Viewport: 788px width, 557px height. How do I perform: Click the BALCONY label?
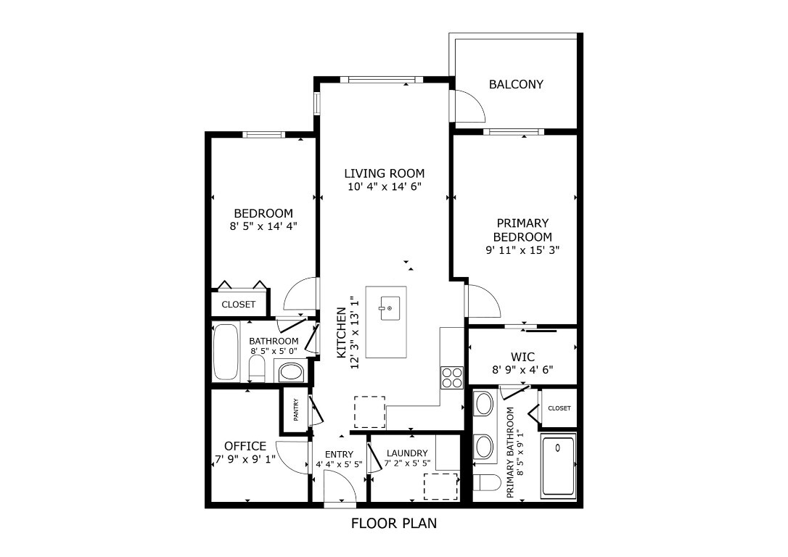point(516,84)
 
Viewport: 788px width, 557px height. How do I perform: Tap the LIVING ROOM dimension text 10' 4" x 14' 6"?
point(384,187)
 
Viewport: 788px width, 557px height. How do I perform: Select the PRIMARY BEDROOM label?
point(522,230)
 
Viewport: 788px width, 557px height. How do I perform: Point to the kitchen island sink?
point(385,308)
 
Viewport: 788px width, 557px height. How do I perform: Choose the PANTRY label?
point(296,410)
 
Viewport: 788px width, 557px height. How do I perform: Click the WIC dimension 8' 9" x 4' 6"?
point(522,369)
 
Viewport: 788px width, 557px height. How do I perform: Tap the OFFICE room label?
point(245,446)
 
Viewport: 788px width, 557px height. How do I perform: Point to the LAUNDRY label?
point(407,453)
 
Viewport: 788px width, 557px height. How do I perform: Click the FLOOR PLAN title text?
point(394,523)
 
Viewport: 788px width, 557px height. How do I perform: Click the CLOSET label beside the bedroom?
point(239,305)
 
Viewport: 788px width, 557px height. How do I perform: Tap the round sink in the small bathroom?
point(292,374)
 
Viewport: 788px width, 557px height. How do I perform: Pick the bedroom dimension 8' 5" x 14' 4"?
point(263,226)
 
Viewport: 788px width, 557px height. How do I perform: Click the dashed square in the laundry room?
point(441,484)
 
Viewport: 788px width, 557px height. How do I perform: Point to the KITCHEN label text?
point(341,332)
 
